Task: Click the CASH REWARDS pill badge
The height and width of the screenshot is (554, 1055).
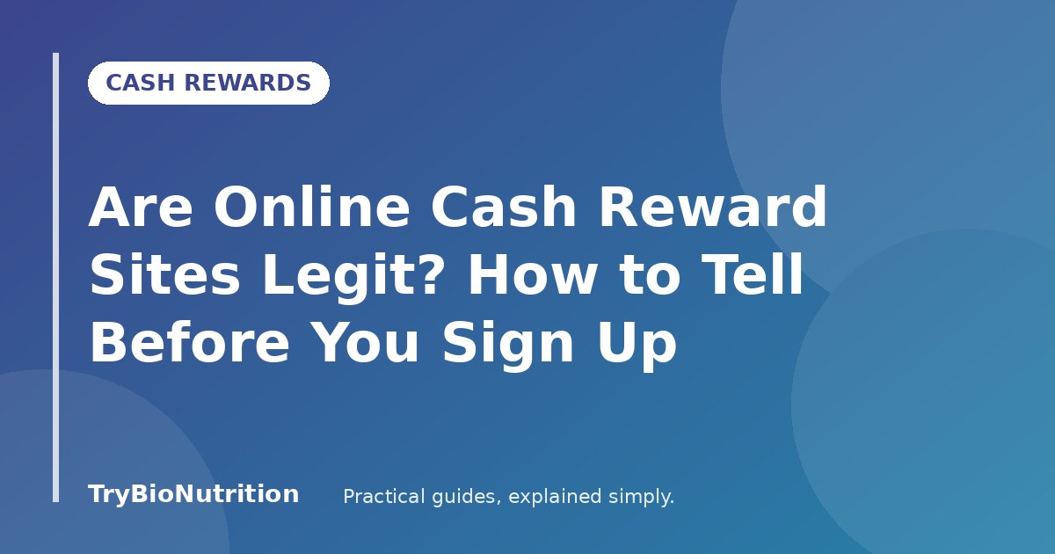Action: pyautogui.click(x=208, y=83)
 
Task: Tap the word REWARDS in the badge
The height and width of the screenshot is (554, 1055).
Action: pyautogui.click(x=247, y=83)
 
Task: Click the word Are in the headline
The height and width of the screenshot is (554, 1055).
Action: pyautogui.click(x=141, y=207)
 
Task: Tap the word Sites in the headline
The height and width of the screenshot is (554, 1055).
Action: pyautogui.click(x=165, y=273)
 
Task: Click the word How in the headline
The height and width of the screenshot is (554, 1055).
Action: pyautogui.click(x=533, y=273)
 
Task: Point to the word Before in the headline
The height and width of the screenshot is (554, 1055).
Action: pyautogui.click(x=189, y=341)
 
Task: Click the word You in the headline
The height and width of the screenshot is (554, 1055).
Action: pyautogui.click(x=365, y=341)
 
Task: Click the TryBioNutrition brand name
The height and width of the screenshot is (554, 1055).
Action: pyautogui.click(x=193, y=494)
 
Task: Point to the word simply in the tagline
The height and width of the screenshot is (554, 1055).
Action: pyautogui.click(x=638, y=498)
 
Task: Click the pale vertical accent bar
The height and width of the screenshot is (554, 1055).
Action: pyautogui.click(x=56, y=278)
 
